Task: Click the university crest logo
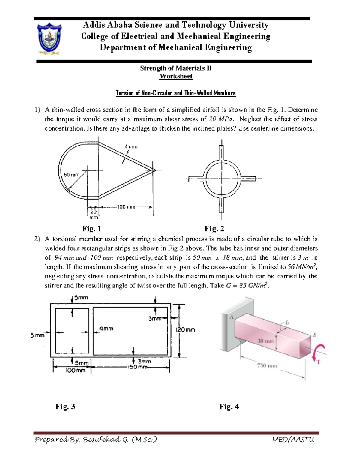(x=49, y=39)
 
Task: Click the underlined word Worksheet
(x=176, y=76)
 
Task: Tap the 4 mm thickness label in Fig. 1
(x=131, y=147)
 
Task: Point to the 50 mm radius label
(x=71, y=175)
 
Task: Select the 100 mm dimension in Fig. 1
(x=126, y=207)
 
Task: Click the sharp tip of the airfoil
(x=155, y=170)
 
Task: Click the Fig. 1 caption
(x=91, y=229)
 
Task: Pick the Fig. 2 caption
(x=214, y=229)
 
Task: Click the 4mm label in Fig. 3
(x=106, y=329)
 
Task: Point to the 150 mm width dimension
(x=138, y=367)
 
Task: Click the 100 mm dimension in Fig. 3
(x=76, y=371)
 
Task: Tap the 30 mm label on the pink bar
(x=266, y=341)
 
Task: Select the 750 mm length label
(x=267, y=366)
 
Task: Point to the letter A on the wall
(x=231, y=317)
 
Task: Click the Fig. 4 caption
(x=229, y=407)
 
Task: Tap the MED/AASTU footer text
(x=293, y=440)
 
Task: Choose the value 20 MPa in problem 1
(x=221, y=119)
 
